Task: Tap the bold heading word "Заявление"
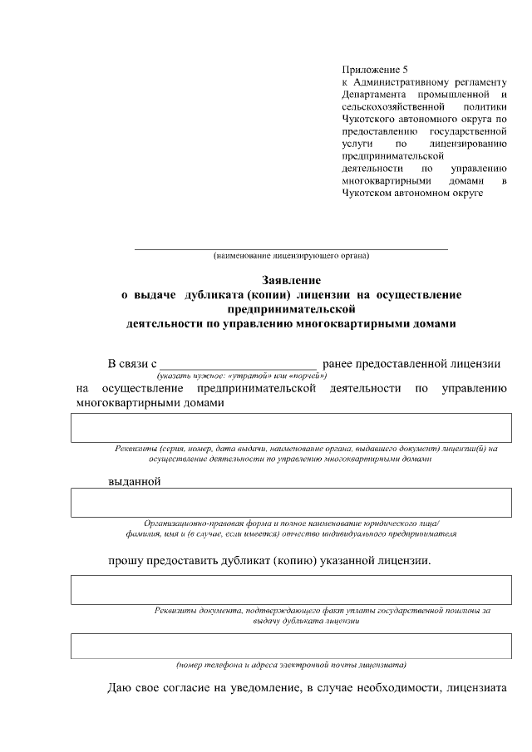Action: [291, 281]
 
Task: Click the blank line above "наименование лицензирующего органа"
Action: [291, 248]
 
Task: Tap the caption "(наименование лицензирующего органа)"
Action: [291, 255]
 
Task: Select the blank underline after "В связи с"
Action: [238, 364]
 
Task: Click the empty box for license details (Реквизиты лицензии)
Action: [291, 427]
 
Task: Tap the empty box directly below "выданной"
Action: [291, 503]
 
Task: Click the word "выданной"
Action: [134, 481]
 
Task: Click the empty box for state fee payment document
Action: [291, 589]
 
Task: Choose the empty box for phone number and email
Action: [291, 645]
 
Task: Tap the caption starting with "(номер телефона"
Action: [291, 664]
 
